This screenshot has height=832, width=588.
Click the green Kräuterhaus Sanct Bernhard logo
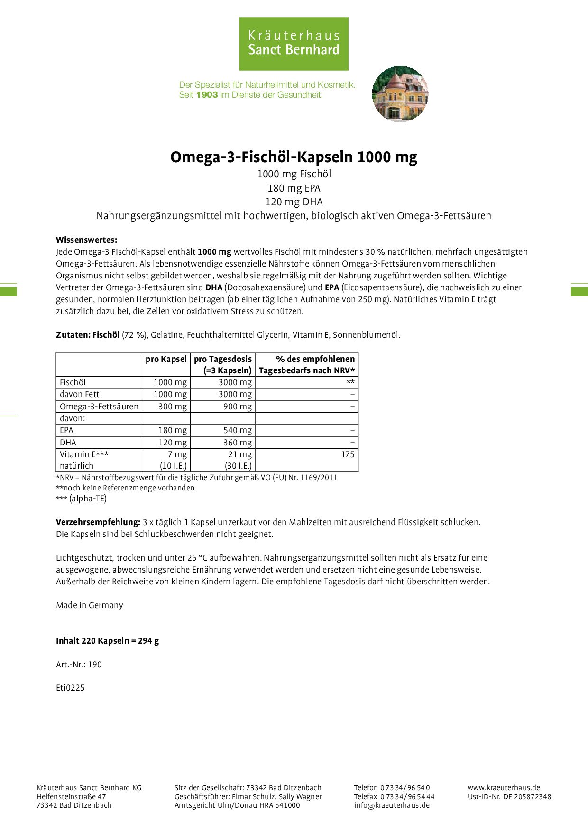[x=294, y=44]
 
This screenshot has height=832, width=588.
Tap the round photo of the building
[x=400, y=94]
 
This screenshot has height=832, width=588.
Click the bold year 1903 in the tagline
[x=207, y=95]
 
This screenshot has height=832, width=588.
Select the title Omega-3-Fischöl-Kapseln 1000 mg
[x=294, y=157]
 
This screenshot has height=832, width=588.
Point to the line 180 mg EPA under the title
[x=294, y=188]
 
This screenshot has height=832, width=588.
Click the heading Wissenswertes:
[x=86, y=240]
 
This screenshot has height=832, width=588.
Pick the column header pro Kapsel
[x=166, y=359]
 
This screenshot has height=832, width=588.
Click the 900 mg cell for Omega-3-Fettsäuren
[x=237, y=407]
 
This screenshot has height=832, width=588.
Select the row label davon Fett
[x=80, y=394]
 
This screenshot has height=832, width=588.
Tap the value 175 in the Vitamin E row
[x=348, y=454]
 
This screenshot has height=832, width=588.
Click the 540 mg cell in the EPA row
[x=237, y=430]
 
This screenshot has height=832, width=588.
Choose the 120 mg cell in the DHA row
[x=173, y=443]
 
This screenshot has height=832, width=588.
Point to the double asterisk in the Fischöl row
[x=350, y=382]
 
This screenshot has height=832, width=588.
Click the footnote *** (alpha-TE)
[x=81, y=499]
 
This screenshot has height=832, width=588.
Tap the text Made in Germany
[x=90, y=605]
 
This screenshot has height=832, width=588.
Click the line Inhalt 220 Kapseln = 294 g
[x=107, y=641]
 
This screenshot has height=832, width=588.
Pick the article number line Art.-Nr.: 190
[x=79, y=665]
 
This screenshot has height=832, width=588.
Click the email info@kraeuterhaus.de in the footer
[x=392, y=805]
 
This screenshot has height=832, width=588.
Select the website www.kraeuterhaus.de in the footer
[x=504, y=787]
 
